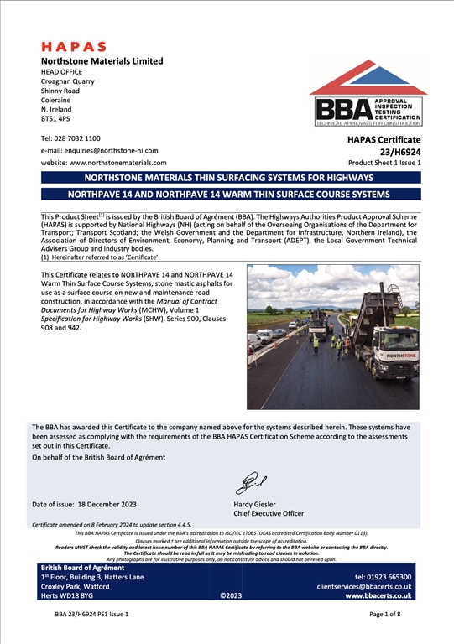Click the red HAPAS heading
(74, 47)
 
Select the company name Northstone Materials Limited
(102, 61)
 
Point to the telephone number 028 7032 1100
(81, 138)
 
